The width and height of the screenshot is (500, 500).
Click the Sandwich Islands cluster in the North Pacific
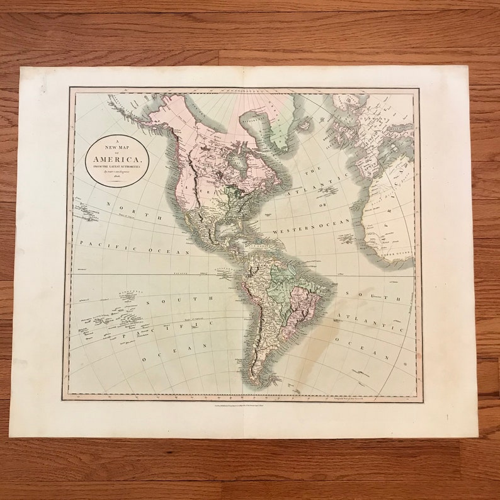point(85,208)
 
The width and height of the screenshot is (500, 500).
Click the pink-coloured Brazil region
point(305,309)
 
